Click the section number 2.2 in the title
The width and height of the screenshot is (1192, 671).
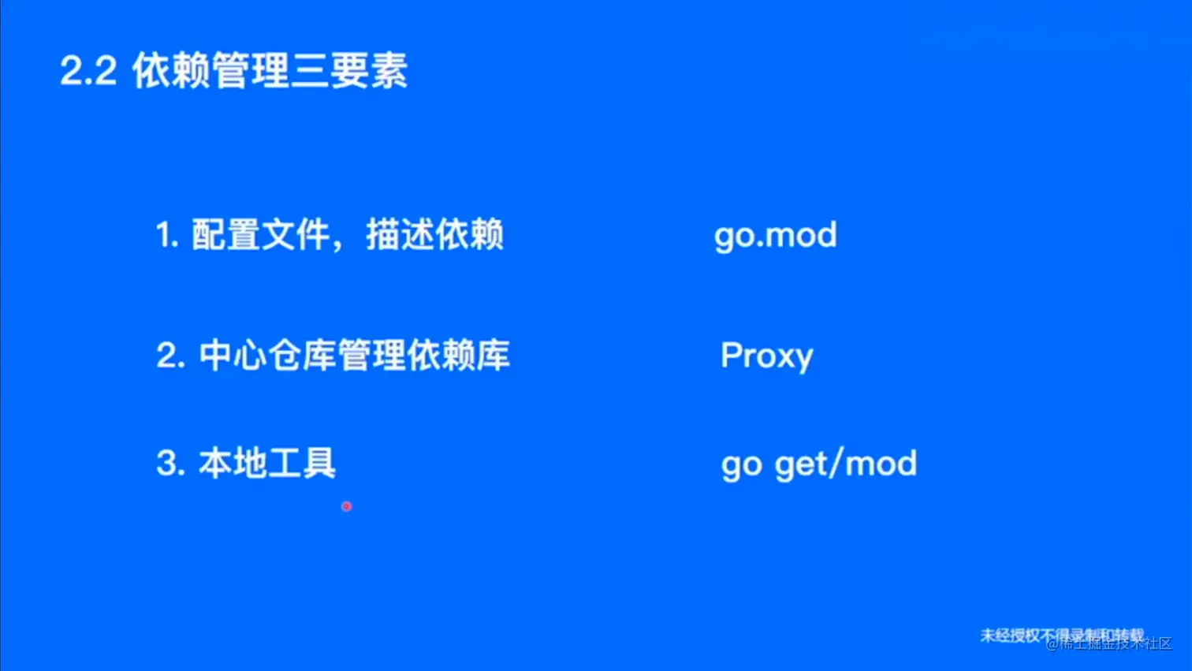pyautogui.click(x=88, y=72)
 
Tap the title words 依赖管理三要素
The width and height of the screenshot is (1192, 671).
pyautogui.click(x=270, y=72)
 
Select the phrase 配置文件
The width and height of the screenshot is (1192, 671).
pyautogui.click(x=260, y=235)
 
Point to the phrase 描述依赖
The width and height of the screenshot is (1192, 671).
pyautogui.click(x=434, y=235)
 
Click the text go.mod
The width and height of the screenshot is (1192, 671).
pyautogui.click(x=776, y=236)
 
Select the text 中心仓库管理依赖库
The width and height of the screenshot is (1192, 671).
pyautogui.click(x=354, y=356)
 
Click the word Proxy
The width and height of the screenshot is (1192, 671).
pyautogui.click(x=766, y=356)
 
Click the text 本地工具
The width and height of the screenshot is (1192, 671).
pyautogui.click(x=266, y=464)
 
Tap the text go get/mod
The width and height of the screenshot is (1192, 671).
pyautogui.click(x=819, y=464)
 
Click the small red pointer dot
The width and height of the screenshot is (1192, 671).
pyautogui.click(x=346, y=506)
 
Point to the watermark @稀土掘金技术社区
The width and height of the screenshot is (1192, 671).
pyautogui.click(x=1109, y=643)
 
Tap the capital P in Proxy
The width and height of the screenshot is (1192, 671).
pyautogui.click(x=732, y=355)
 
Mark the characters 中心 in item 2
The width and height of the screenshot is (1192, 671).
pyautogui.click(x=233, y=356)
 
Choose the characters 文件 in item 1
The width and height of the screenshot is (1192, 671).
pyautogui.click(x=295, y=235)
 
